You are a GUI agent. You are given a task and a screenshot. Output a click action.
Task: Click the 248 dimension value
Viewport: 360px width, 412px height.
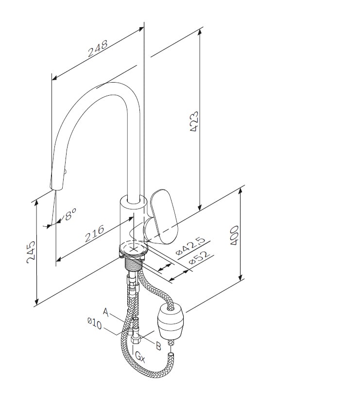coord(98,49)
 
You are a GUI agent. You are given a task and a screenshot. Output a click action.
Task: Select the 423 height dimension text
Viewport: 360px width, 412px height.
coord(194,121)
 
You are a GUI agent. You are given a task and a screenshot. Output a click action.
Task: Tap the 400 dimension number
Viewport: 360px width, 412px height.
coord(234,236)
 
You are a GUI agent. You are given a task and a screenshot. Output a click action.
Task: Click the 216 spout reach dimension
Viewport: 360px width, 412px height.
coord(95,233)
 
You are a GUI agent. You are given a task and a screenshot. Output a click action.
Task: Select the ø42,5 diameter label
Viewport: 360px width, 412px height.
coord(190,247)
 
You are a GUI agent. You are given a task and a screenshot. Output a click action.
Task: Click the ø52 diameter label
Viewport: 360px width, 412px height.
coord(200,258)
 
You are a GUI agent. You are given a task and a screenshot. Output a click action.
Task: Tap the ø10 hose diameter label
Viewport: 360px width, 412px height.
coord(94,324)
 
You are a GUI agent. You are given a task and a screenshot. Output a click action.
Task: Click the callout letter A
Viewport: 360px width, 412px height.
coord(105,312)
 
